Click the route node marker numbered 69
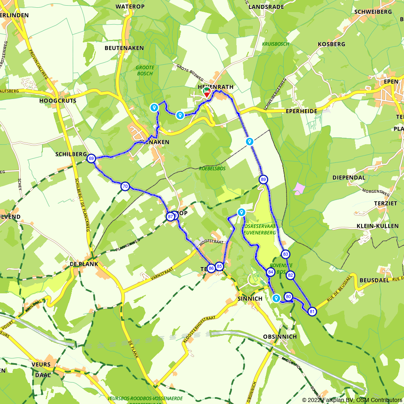91,159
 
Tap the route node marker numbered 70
125,186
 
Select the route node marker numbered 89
263,179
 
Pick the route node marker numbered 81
312,311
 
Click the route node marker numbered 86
211,268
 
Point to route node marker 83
286,254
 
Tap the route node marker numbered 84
271,273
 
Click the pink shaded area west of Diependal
299,188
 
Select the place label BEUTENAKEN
124,48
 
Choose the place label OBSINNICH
280,337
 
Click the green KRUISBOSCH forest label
275,44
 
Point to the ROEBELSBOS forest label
212,168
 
